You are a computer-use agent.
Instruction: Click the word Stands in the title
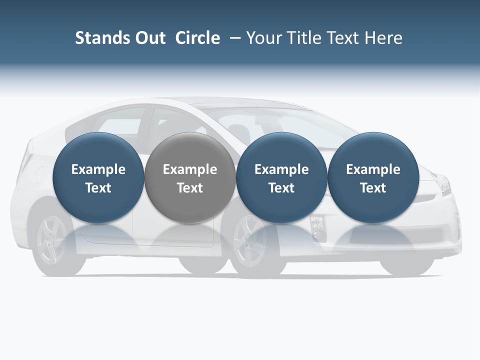pyautogui.click(x=98, y=38)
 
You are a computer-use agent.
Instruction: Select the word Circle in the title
pyautogui.click(x=197, y=38)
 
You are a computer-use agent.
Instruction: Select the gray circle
pyautogui.click(x=189, y=178)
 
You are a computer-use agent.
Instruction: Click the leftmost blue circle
pyautogui.click(x=98, y=178)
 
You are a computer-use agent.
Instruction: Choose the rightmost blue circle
pyautogui.click(x=373, y=178)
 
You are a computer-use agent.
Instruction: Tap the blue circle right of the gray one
pyautogui.click(x=281, y=178)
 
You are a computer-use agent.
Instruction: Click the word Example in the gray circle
pyautogui.click(x=190, y=169)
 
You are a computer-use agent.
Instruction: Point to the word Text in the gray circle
pyautogui.click(x=190, y=188)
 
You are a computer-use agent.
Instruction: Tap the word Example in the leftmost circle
pyautogui.click(x=98, y=169)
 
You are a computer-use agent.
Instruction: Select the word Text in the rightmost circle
pyautogui.click(x=373, y=188)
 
